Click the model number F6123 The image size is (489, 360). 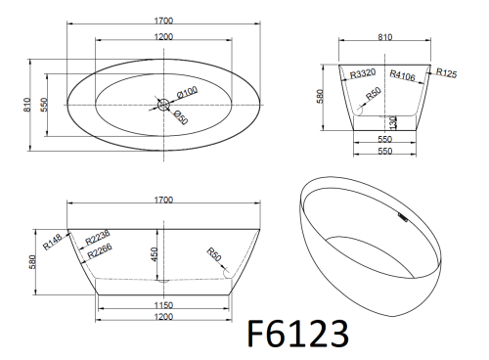[298, 334]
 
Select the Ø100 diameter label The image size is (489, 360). [187, 92]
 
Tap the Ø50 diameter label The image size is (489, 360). [181, 117]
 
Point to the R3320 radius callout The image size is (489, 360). [363, 73]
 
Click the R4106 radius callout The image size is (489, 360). [403, 75]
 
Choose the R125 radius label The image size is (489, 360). [446, 72]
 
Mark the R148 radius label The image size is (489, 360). [52, 242]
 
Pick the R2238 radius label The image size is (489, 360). [98, 238]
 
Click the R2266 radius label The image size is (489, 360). [100, 250]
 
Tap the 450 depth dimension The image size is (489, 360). [154, 254]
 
